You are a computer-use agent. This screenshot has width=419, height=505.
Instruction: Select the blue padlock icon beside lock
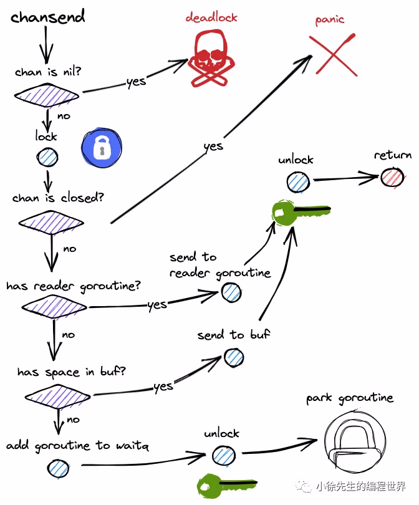point(102,148)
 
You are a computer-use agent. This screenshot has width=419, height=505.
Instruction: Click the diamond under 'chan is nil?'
point(47,95)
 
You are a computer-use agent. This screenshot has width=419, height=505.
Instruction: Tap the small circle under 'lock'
point(47,157)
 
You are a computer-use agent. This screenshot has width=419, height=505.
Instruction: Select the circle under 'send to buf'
point(234,357)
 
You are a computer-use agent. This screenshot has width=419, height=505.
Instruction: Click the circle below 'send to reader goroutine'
point(231,292)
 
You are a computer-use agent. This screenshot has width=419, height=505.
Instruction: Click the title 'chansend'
point(47,17)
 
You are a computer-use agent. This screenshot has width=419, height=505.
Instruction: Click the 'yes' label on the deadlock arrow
point(136,82)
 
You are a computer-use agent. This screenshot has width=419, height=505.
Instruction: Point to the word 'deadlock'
point(211,17)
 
